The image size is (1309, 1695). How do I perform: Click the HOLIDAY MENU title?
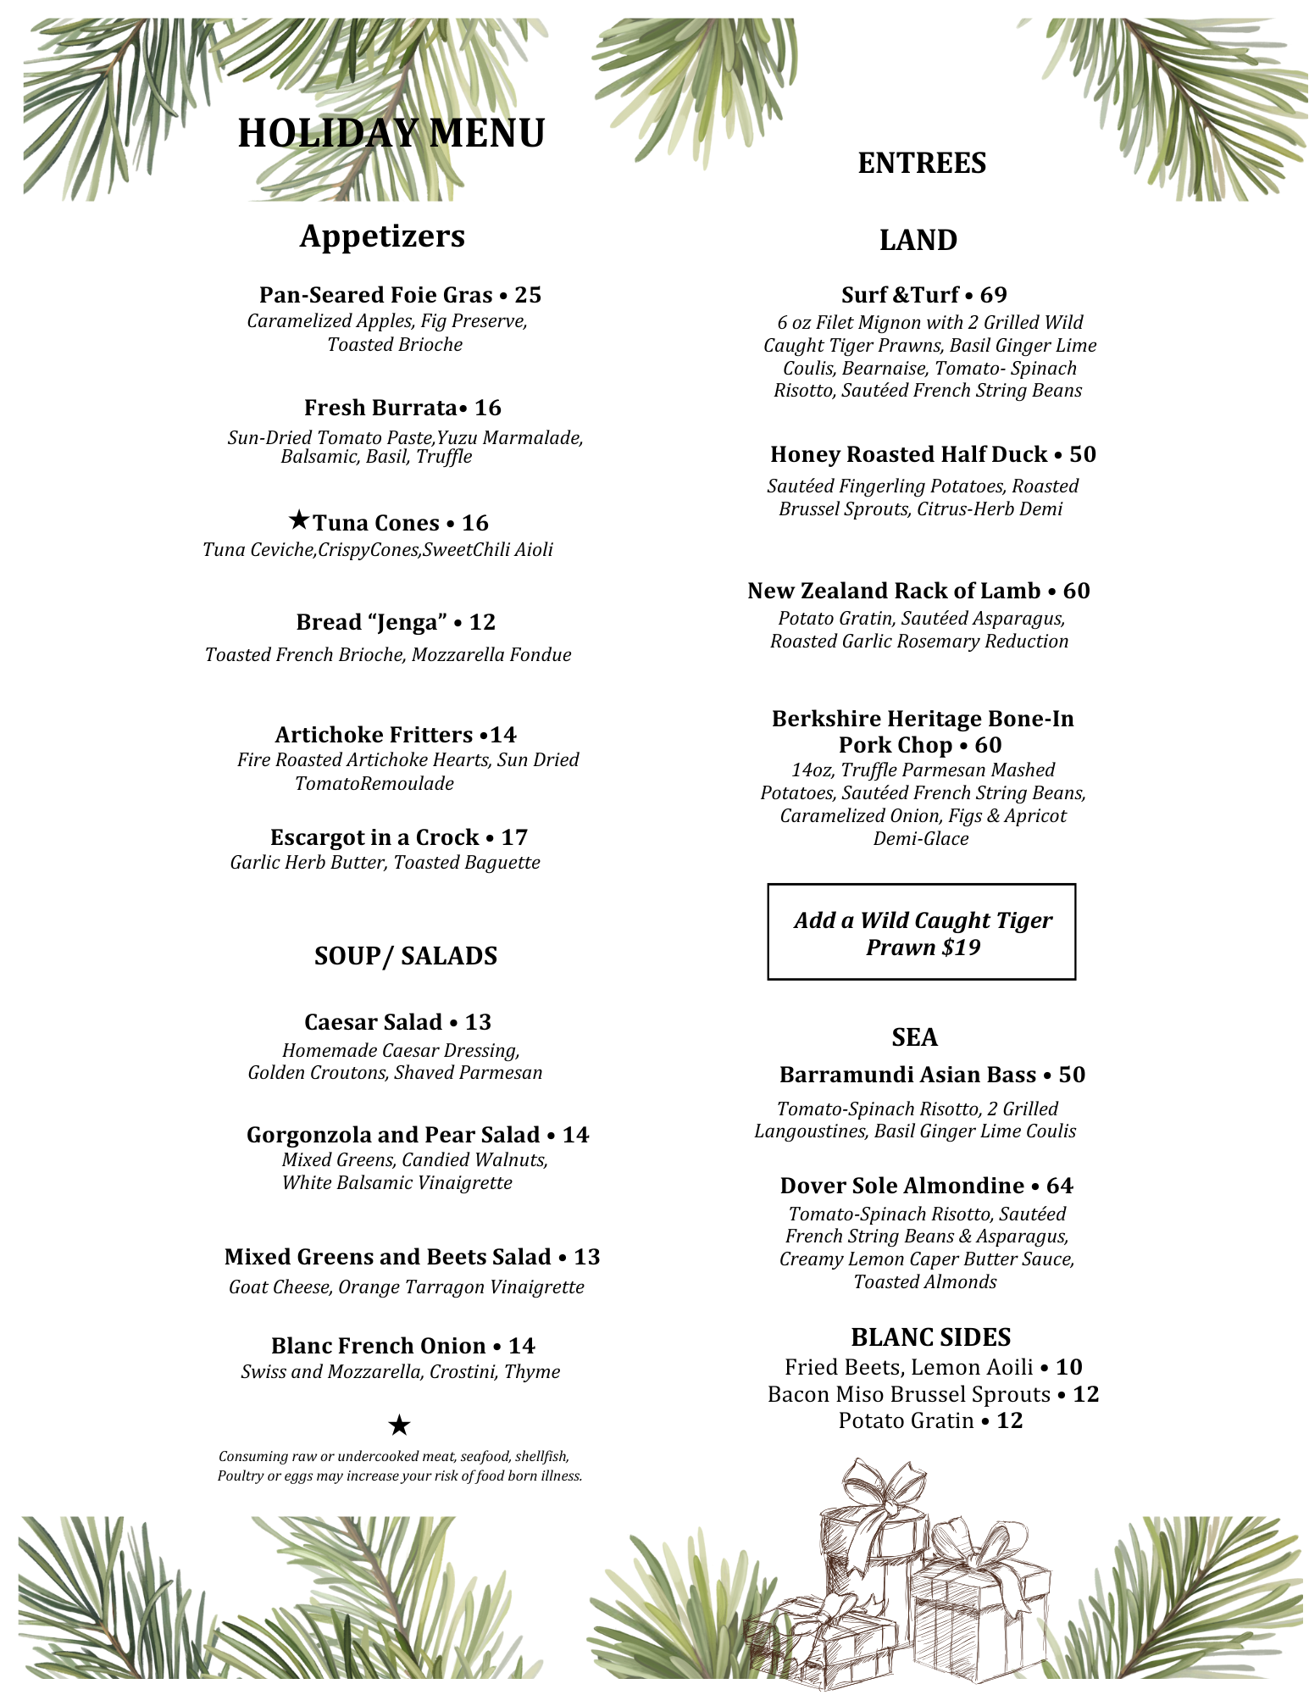[x=391, y=133]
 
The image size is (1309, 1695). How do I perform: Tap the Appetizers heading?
[x=382, y=236]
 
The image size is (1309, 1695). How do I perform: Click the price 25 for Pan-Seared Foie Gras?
[x=528, y=295]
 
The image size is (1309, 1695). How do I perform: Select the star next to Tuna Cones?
[x=298, y=519]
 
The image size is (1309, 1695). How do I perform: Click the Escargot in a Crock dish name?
[x=374, y=837]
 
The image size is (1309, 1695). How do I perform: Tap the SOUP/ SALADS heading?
[x=405, y=956]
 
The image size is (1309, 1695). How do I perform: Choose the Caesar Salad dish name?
[x=373, y=1022]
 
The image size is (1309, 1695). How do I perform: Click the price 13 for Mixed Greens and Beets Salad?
[x=587, y=1257]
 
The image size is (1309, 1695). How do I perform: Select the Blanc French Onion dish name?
[x=378, y=1346]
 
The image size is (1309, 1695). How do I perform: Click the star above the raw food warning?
[x=399, y=1425]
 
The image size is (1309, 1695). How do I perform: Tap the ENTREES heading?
[x=922, y=163]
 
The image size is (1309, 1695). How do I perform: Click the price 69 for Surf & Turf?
[x=994, y=295]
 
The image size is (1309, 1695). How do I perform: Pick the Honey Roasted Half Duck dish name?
[x=908, y=454]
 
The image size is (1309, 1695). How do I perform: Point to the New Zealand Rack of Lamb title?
[x=894, y=591]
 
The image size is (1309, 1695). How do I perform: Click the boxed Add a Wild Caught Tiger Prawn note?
[x=922, y=932]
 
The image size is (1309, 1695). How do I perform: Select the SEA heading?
[x=914, y=1037]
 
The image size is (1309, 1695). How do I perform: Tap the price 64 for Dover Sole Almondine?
[x=1060, y=1186]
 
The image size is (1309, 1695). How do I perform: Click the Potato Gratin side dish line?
[x=930, y=1421]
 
